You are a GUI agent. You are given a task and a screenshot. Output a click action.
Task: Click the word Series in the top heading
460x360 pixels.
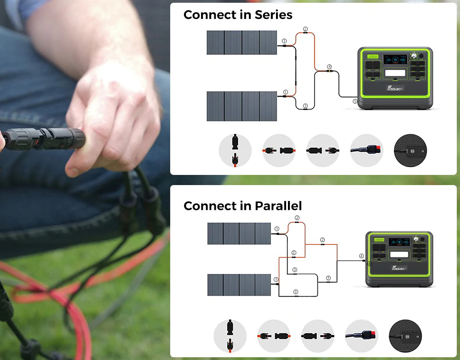click(271, 15)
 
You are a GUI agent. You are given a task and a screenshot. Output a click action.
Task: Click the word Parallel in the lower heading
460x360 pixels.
click(277, 206)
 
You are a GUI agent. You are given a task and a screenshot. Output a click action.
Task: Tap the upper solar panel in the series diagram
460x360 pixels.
click(242, 42)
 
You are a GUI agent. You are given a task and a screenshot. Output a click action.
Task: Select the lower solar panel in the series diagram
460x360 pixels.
click(242, 106)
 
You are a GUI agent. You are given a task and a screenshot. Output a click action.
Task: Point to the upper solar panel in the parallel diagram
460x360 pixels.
click(239, 234)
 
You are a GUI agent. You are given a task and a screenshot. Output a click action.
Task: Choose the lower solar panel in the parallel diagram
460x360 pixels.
click(239, 285)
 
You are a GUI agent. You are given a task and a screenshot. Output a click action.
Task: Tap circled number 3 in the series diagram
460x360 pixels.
click(305, 106)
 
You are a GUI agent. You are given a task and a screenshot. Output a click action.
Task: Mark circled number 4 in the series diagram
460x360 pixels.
click(329, 67)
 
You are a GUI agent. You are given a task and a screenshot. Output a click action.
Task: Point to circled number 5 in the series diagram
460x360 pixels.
click(355, 101)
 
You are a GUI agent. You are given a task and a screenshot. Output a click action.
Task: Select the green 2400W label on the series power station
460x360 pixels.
click(373, 56)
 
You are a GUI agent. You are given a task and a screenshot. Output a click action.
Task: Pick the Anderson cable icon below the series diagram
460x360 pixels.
click(367, 150)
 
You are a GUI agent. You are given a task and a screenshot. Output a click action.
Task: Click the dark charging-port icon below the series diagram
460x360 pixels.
click(411, 151)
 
